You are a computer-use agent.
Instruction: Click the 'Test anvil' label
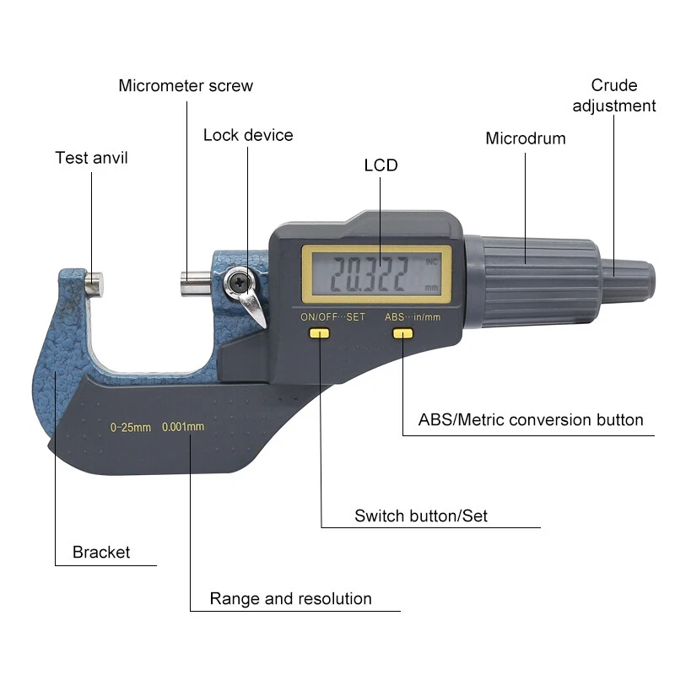(x=91, y=157)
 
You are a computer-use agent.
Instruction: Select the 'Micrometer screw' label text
(x=186, y=85)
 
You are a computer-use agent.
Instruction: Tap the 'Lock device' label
(x=248, y=135)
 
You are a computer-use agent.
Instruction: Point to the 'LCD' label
(x=381, y=165)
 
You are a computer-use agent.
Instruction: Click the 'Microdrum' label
(x=525, y=138)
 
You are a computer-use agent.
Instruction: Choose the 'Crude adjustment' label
(x=614, y=95)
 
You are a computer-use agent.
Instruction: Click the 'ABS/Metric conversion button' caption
(x=531, y=419)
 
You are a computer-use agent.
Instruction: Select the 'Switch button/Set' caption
(x=421, y=516)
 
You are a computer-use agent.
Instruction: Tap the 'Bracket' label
(x=101, y=553)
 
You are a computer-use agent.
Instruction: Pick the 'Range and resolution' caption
(x=290, y=599)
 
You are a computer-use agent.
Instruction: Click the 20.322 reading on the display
(x=370, y=274)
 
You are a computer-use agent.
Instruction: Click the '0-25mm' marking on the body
(x=131, y=427)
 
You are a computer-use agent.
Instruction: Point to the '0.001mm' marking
(x=183, y=426)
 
